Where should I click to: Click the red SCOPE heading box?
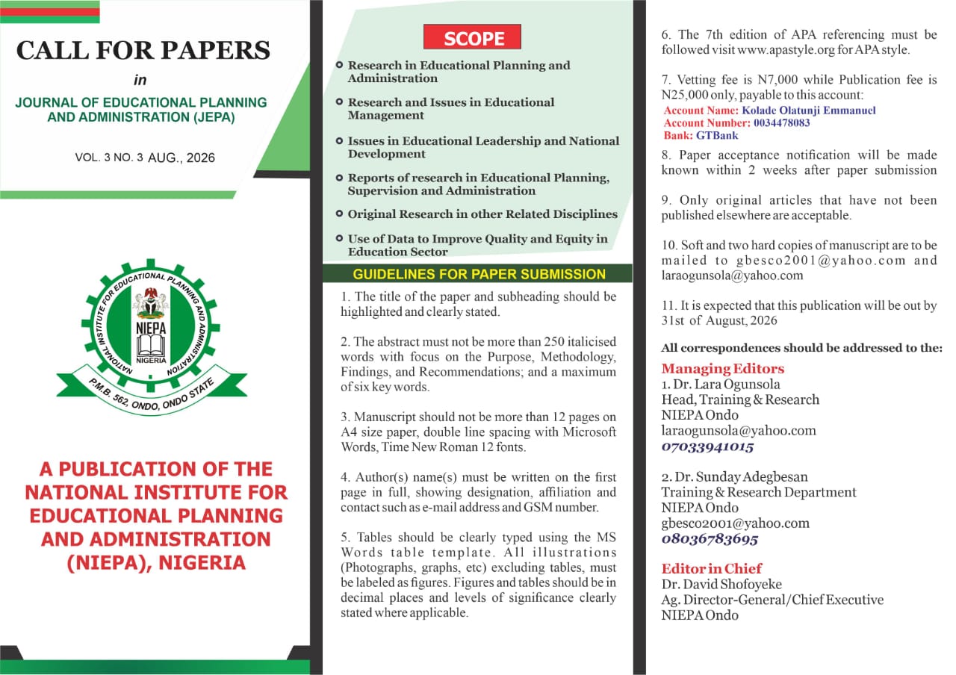(472, 37)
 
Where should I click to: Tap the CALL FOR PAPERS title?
(143, 50)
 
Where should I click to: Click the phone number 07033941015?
(707, 447)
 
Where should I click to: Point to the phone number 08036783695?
(710, 539)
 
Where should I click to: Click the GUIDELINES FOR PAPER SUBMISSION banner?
(479, 274)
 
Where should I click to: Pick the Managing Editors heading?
(722, 369)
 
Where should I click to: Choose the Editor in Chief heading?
(711, 568)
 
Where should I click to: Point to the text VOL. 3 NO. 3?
(108, 158)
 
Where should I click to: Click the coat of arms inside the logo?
(152, 302)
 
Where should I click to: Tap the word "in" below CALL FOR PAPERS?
(141, 81)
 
